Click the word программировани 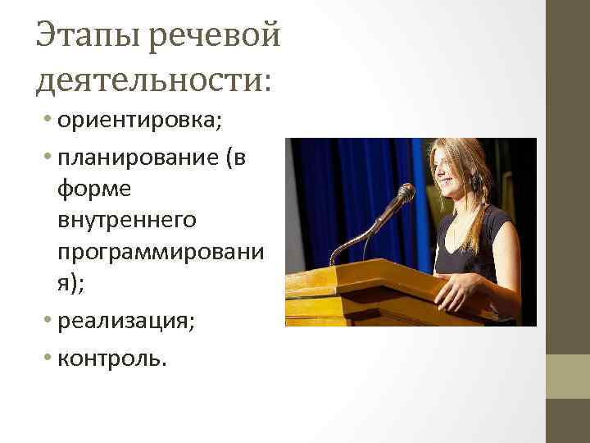pos(160,252)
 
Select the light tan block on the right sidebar pos(567,376)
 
